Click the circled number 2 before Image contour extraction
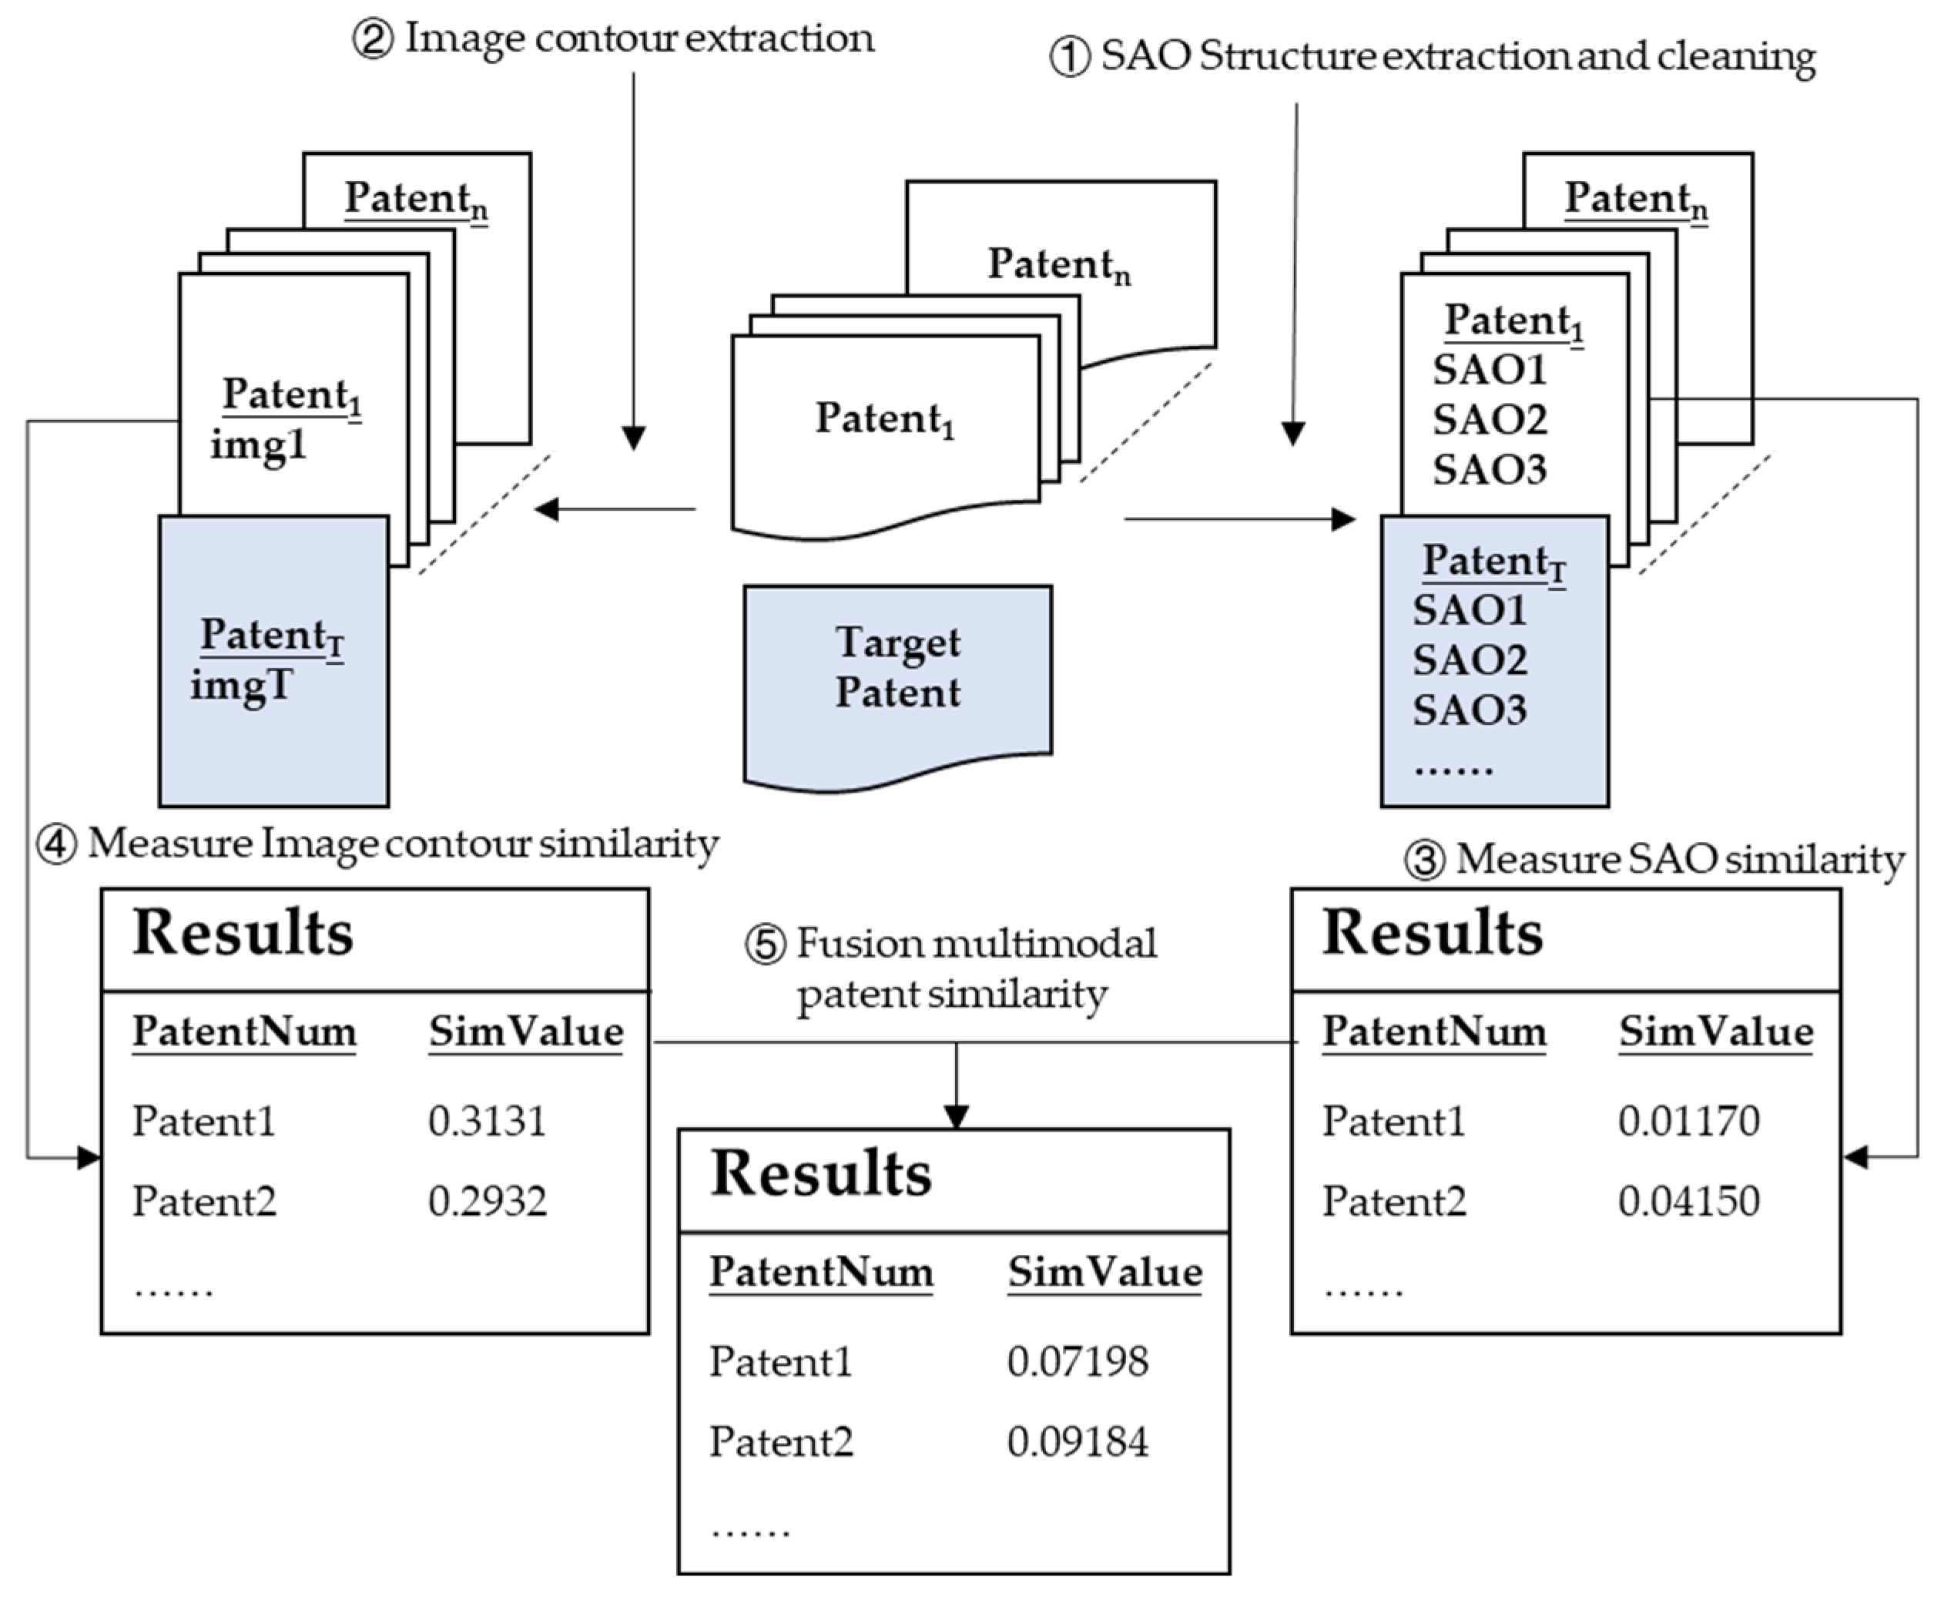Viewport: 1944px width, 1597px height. pyautogui.click(x=374, y=41)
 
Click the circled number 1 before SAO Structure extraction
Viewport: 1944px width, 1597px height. pyautogui.click(x=1070, y=58)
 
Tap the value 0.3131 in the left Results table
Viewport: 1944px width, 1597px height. pyautogui.click(x=487, y=1120)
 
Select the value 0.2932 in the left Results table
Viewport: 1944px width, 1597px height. pyautogui.click(x=487, y=1200)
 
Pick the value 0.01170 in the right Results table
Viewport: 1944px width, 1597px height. pyautogui.click(x=1688, y=1120)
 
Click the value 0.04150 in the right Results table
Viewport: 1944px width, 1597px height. pyautogui.click(x=1688, y=1200)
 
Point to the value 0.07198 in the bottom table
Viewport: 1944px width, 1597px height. pyautogui.click(x=1077, y=1361)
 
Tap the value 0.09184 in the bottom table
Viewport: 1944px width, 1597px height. pyautogui.click(x=1077, y=1441)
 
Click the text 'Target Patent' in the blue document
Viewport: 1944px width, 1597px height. pyautogui.click(x=897, y=667)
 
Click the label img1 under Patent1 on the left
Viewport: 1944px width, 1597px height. pyautogui.click(x=257, y=446)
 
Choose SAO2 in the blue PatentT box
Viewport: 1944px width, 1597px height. pyautogui.click(x=1470, y=659)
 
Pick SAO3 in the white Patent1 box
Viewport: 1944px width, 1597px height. pyautogui.click(x=1489, y=469)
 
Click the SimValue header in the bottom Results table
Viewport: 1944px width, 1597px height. pyautogui.click(x=1104, y=1272)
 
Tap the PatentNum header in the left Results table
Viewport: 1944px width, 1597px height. pyautogui.click(x=243, y=1032)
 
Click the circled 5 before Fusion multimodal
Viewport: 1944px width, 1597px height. pyautogui.click(x=765, y=944)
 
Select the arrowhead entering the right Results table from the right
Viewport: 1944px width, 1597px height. pyautogui.click(x=1855, y=1157)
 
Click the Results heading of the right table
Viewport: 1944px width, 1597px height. pyautogui.click(x=1432, y=933)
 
